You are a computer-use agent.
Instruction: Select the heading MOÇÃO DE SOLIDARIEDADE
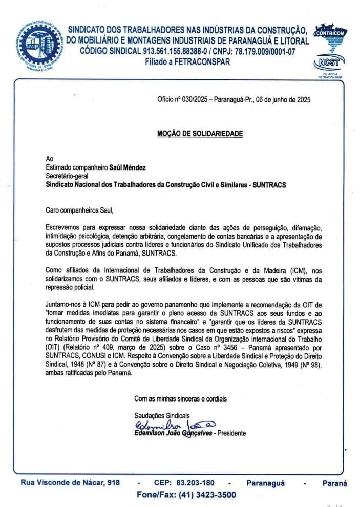click(x=200, y=134)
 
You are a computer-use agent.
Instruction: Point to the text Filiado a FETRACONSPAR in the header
click(x=187, y=62)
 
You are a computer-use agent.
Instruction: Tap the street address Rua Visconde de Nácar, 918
click(x=70, y=483)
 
